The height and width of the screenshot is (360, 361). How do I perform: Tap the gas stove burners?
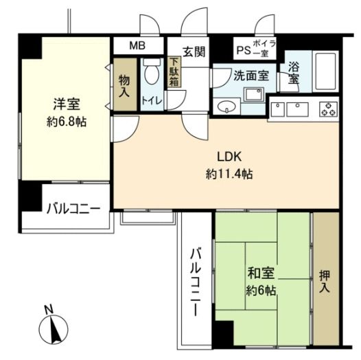click(x=329, y=109)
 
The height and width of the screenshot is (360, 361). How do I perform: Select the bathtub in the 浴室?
click(x=325, y=71)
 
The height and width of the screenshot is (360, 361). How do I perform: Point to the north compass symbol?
click(x=54, y=328)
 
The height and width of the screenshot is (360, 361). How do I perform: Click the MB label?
click(x=137, y=45)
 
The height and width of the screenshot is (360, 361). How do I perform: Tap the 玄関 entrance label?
click(x=194, y=52)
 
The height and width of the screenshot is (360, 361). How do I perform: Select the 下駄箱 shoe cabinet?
click(x=174, y=72)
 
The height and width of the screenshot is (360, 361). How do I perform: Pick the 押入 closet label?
click(x=324, y=282)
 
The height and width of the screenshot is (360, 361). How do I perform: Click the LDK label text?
click(x=229, y=157)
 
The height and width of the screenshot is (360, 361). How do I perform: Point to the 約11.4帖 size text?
click(x=229, y=174)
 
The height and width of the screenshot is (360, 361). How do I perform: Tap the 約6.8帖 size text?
click(x=67, y=122)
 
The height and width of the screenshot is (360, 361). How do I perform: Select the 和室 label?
click(x=261, y=273)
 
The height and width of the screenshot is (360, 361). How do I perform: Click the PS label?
click(x=244, y=50)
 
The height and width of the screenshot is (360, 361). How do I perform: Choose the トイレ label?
click(x=152, y=101)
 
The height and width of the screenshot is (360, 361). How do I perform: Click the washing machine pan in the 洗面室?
click(x=254, y=94)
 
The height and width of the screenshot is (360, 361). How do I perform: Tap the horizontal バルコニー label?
click(x=73, y=209)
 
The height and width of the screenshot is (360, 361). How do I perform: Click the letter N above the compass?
click(x=49, y=310)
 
